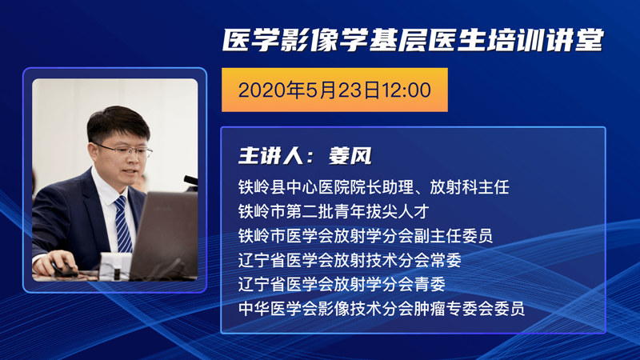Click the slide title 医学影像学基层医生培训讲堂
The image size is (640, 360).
pos(413,41)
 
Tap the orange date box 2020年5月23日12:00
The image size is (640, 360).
pos(334,90)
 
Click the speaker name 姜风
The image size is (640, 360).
pos(350,156)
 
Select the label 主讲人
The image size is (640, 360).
pos(270,156)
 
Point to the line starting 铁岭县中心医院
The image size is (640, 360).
pos(374,187)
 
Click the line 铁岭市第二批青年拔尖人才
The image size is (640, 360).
pos(334,211)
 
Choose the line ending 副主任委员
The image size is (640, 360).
pos(366,235)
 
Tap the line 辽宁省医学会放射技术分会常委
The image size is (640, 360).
pos(350,260)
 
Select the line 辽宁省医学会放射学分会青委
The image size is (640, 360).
pos(342,284)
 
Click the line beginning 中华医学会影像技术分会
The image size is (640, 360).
pos(382,309)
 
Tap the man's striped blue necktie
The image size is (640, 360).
pos(123,224)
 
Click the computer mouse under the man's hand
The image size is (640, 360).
pos(65,270)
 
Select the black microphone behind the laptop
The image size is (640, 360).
pos(190,180)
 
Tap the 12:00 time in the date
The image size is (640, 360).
pos(406,90)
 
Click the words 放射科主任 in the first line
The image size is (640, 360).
pos(470,187)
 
